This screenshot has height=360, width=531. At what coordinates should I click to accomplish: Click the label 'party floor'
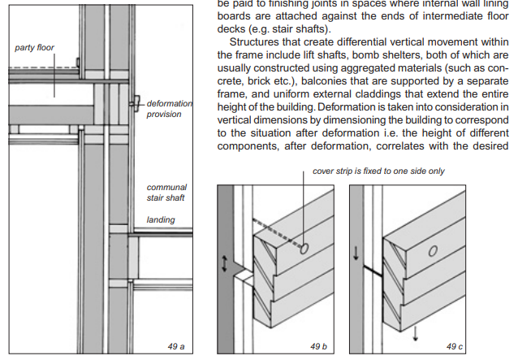coord(34,48)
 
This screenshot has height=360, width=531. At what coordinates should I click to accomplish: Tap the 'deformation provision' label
coord(170,109)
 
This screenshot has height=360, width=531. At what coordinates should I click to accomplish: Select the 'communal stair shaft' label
coord(166,193)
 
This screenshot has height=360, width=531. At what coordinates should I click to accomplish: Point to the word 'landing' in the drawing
coord(160,219)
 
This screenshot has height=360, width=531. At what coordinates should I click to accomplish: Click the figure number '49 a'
coord(176,346)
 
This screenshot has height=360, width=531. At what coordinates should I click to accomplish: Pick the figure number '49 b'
coord(318,346)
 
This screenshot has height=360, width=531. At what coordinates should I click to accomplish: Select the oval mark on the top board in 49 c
coord(433,251)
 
